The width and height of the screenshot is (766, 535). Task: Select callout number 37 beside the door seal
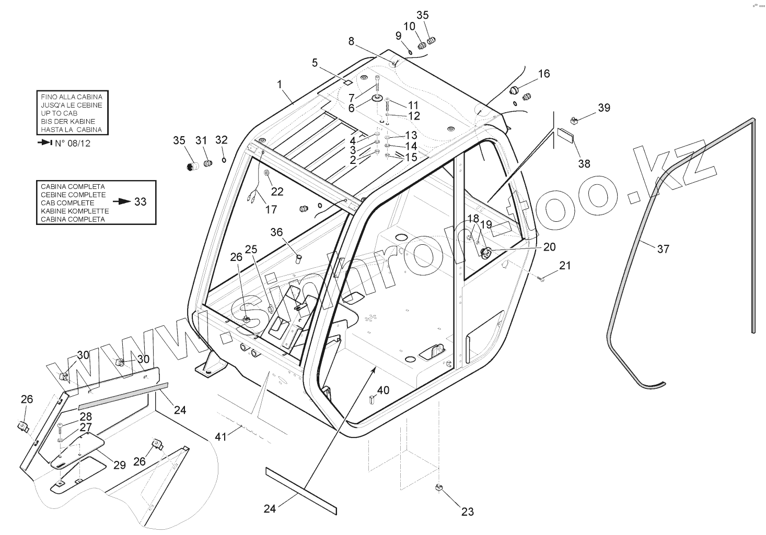coord(663,249)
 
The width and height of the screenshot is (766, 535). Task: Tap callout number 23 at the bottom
coord(468,512)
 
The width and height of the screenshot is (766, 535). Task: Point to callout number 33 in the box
coord(140,201)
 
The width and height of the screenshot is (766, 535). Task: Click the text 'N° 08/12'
coord(73,143)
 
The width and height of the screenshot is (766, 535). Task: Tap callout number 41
coord(221,436)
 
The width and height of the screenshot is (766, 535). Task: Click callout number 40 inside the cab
coord(383,390)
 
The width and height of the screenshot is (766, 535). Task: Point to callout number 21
coord(565,266)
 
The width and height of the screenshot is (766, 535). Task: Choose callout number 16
coord(544,74)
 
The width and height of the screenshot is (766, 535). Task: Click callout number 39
coord(604,108)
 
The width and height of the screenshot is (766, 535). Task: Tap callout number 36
coord(276,232)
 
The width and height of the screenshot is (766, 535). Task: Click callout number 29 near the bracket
coord(120,465)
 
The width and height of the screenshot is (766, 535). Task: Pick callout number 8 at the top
coord(351,41)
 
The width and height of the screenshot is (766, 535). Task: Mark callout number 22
coord(277,192)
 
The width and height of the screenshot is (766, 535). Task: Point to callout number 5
coord(315,63)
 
